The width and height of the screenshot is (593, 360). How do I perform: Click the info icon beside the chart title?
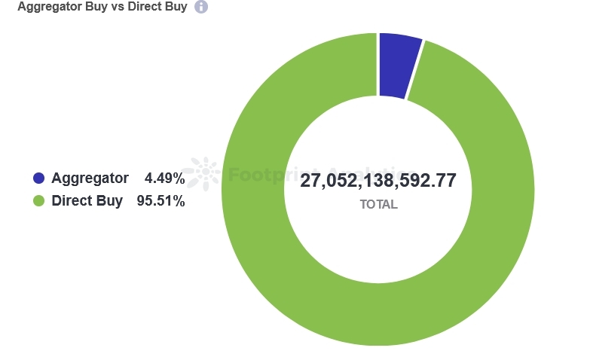[x=201, y=7]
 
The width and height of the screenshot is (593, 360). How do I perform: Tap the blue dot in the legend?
[x=39, y=178]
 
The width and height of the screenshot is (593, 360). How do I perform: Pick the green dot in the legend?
[x=39, y=201]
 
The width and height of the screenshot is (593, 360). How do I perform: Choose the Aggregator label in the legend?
[x=90, y=178]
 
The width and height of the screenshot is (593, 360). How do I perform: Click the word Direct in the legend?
[x=72, y=201]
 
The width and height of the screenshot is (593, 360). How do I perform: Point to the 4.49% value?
[x=164, y=178]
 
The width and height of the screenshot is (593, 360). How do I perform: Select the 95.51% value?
[x=160, y=201]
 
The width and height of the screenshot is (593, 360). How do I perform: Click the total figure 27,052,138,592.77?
[x=378, y=181]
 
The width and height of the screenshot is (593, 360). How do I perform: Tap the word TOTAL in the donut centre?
[x=378, y=204]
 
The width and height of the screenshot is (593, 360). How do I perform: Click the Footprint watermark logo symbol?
[x=203, y=174]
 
